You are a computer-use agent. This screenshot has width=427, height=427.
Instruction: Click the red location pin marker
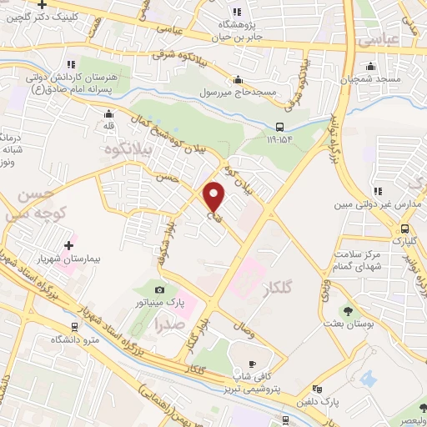214,196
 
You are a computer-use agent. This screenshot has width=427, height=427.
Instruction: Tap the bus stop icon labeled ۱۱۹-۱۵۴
279,128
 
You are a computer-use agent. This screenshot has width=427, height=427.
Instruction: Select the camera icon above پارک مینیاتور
161,289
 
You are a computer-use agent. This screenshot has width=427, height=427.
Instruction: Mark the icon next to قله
108,115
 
